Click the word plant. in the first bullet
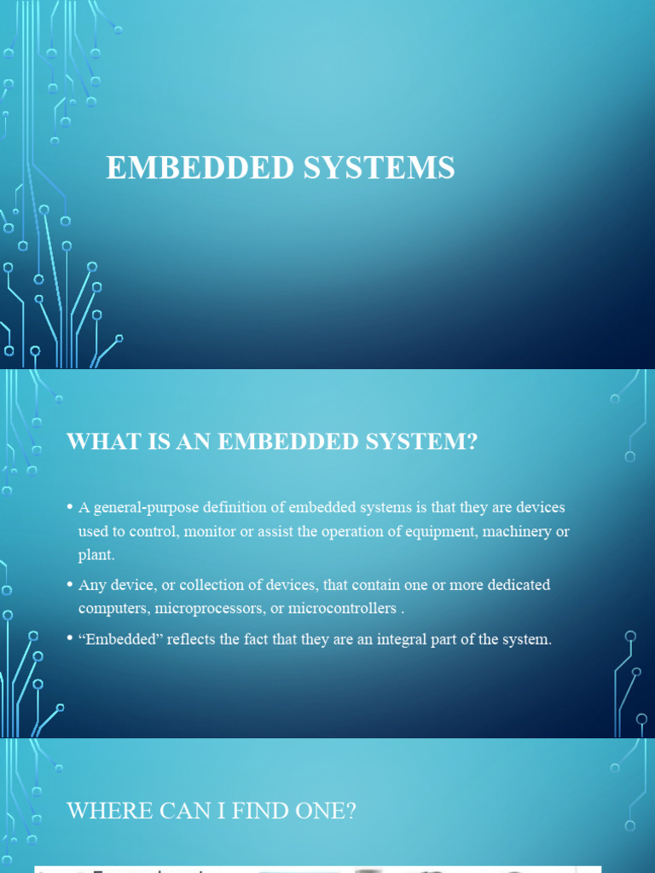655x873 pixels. (x=96, y=556)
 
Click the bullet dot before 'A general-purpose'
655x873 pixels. (x=70, y=508)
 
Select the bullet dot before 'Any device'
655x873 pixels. (x=70, y=586)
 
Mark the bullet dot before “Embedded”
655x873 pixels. (x=70, y=639)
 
